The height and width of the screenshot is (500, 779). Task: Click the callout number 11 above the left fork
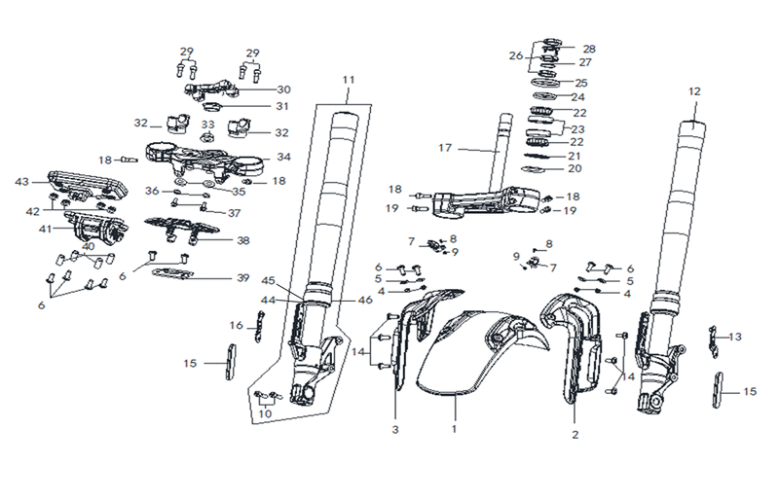click(x=349, y=80)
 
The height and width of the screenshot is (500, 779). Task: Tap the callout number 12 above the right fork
click(x=694, y=91)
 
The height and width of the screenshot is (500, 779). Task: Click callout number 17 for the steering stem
click(x=445, y=148)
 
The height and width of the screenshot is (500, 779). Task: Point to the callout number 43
click(x=21, y=182)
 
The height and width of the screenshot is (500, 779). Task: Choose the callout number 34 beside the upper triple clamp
click(x=283, y=157)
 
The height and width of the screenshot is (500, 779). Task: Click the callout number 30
click(x=283, y=89)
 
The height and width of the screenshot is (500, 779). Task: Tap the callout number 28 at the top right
click(x=589, y=49)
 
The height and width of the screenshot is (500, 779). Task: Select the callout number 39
click(x=242, y=277)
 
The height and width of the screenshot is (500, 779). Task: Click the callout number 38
click(x=242, y=240)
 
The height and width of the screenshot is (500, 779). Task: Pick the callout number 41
click(x=45, y=230)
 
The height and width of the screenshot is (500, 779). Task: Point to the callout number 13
click(x=735, y=337)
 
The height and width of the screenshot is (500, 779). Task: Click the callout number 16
click(x=237, y=325)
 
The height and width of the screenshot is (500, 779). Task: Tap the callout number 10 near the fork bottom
click(x=265, y=413)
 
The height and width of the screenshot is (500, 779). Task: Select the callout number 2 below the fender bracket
click(x=575, y=435)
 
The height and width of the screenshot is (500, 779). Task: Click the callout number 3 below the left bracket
click(x=395, y=430)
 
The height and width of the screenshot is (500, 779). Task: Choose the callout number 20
click(x=575, y=168)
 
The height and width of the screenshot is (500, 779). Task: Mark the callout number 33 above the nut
click(x=208, y=125)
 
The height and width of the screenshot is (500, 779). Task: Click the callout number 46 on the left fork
click(x=365, y=300)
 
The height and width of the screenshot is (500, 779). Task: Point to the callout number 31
click(x=282, y=106)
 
